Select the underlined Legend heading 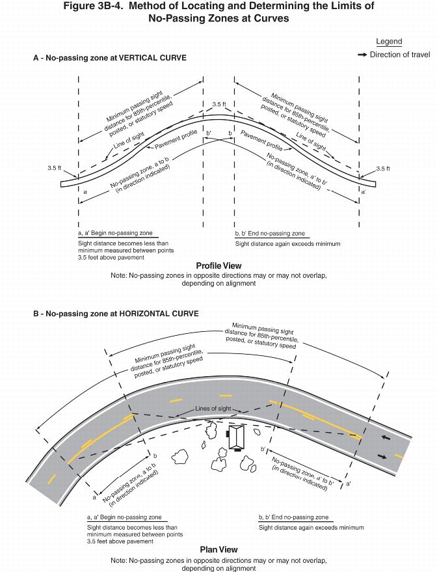pos(389,42)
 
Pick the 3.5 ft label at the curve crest pos(219,104)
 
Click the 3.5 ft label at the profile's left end pos(55,169)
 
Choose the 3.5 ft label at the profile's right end pos(383,169)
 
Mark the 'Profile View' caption pos(218,266)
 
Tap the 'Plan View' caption pos(218,549)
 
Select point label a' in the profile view pos(363,193)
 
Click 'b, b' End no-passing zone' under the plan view pos(293,517)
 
